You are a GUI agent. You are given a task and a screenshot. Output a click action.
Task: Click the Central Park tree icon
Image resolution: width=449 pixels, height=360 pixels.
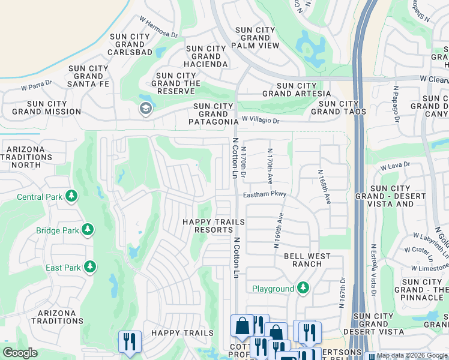[x=71, y=196]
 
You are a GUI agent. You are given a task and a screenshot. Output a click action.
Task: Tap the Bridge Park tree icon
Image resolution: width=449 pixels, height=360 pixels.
[x=88, y=230]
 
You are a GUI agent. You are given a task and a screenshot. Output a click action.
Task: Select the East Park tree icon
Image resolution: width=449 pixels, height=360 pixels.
[x=90, y=266]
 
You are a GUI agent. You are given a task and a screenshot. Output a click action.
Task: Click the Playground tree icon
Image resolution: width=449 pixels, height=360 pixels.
[x=303, y=289]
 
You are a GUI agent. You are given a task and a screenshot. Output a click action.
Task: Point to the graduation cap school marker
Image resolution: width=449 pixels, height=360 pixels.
[x=145, y=109]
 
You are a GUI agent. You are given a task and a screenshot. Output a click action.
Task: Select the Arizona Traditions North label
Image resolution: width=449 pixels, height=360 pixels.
[x=26, y=157]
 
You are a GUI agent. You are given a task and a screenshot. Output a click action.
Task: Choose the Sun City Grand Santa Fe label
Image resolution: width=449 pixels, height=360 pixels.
[x=89, y=76]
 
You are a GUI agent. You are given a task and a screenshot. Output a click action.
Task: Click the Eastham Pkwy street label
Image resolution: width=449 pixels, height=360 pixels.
[x=265, y=194]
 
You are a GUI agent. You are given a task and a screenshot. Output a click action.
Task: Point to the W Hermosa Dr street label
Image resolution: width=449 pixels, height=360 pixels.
[x=158, y=27]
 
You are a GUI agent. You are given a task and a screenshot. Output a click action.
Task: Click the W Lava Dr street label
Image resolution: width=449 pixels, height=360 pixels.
[x=394, y=164]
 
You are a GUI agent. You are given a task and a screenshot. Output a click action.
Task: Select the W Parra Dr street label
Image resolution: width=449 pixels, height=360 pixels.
[x=37, y=87]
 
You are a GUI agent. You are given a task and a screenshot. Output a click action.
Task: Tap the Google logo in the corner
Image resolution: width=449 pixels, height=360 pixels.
[x=20, y=353]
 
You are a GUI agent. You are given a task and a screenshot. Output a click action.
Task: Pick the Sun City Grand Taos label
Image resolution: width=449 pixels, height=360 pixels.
[x=335, y=107]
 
